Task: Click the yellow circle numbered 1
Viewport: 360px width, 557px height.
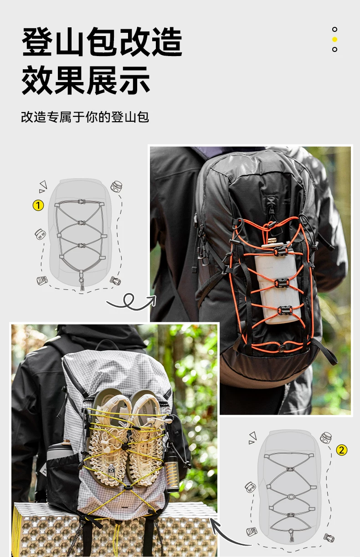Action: [38, 206]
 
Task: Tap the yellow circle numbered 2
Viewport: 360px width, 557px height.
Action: [341, 450]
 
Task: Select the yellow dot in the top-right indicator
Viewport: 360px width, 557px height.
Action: [334, 39]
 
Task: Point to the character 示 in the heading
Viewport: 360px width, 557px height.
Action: [134, 80]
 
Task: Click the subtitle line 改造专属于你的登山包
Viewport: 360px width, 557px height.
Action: [85, 117]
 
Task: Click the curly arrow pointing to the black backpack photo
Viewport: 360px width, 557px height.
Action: [131, 302]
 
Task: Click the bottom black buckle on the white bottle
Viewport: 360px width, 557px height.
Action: [284, 310]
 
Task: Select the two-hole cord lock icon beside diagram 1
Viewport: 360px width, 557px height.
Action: [40, 234]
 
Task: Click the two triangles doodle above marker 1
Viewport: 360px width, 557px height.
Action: [43, 186]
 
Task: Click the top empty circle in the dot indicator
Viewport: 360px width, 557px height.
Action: [334, 29]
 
